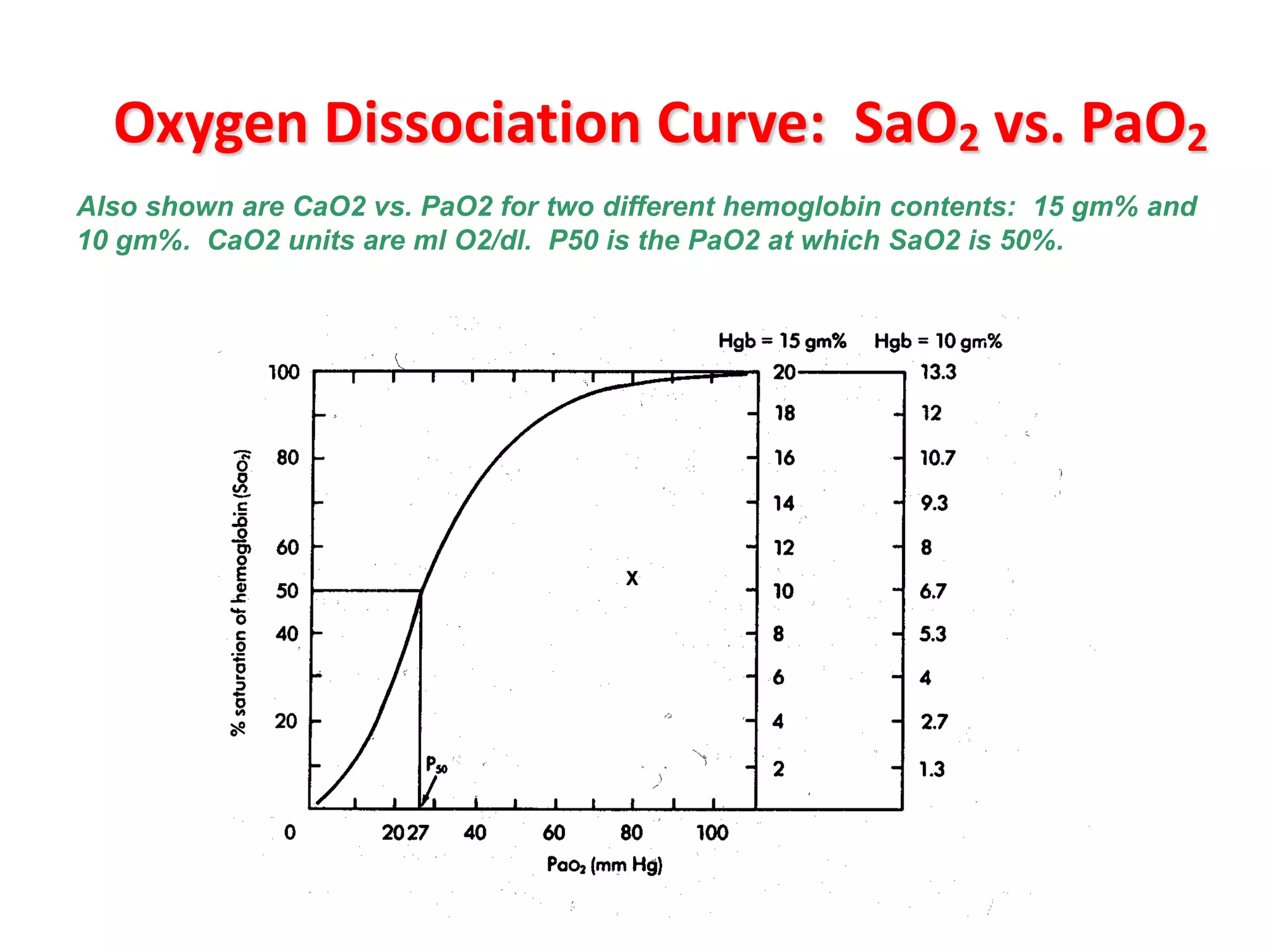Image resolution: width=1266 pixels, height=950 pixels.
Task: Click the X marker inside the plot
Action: coord(632,578)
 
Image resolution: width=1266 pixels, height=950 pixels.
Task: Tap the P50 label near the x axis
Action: coord(436,765)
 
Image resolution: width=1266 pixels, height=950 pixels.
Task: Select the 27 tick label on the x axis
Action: coord(418,833)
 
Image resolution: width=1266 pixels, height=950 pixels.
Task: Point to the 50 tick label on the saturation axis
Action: coord(287,591)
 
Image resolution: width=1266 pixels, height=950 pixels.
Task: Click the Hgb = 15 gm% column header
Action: coord(782,341)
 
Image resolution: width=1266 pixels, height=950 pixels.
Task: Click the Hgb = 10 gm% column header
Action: coord(938,341)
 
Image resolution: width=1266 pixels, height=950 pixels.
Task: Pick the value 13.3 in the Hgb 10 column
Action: coord(938,372)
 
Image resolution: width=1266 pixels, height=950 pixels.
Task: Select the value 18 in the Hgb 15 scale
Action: coord(785,413)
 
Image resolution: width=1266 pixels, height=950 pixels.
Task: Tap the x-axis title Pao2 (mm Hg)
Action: coord(604,865)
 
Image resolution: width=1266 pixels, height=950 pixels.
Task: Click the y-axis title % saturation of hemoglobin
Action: coord(240,593)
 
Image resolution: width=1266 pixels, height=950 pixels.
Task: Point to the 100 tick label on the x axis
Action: coord(712,833)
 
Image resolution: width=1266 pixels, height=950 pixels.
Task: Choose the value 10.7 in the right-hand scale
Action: coord(937,458)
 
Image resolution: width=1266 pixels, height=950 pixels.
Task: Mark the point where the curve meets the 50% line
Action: coord(421,591)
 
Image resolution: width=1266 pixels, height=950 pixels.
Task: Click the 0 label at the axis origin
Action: coord(290,832)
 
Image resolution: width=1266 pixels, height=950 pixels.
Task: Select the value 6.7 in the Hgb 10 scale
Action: coord(932,591)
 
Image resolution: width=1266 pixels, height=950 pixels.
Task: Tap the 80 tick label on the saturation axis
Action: coord(287,458)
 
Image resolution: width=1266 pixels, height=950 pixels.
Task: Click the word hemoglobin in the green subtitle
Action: coord(801,207)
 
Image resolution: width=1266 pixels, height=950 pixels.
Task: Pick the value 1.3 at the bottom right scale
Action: coord(932,769)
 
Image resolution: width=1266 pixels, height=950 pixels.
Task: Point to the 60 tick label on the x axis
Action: coord(554,833)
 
